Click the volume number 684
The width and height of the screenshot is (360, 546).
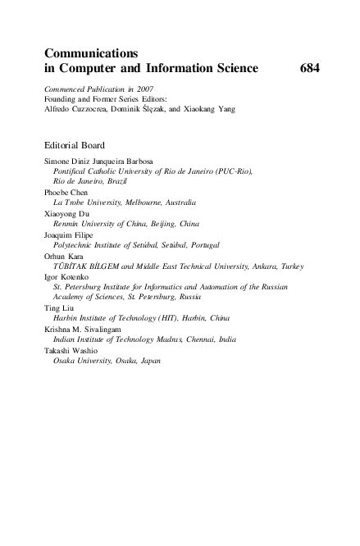pos(308,69)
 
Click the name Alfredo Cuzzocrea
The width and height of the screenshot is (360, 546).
pos(76,109)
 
